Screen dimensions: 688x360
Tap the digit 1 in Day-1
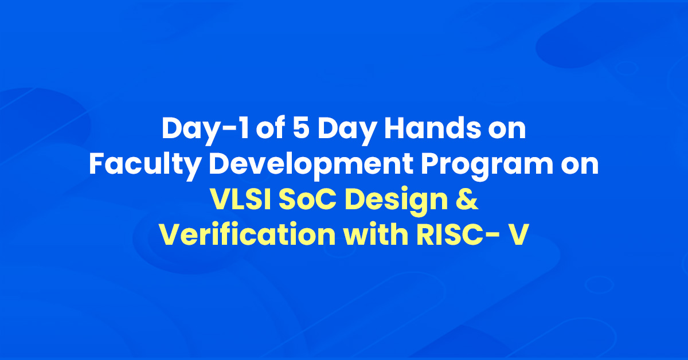pyautogui.click(x=244, y=128)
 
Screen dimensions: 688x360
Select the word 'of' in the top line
pyautogui.click(x=270, y=128)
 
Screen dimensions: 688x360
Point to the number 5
pyautogui.click(x=300, y=128)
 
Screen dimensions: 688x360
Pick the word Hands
pyautogui.click(x=432, y=128)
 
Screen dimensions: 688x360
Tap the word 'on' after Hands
pyautogui.click(x=507, y=131)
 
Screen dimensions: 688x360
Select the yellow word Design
pyautogui.click(x=396, y=201)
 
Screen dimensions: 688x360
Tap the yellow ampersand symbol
pyautogui.click(x=467, y=199)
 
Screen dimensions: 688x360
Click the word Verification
pyautogui.click(x=248, y=234)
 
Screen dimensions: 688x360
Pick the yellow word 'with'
pyautogui.click(x=376, y=234)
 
